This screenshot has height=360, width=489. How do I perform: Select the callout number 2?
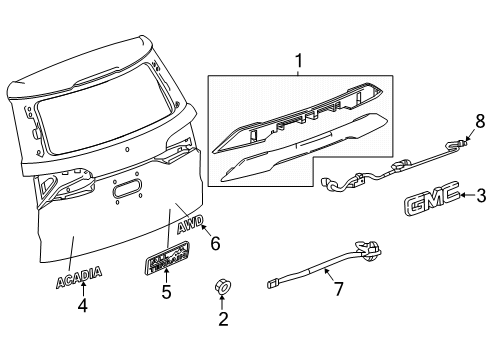pos(224,320)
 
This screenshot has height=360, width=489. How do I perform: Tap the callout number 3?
pos(479,196)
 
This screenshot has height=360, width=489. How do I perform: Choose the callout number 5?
pos(167,293)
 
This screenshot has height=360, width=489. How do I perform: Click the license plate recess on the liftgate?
pos(127,189)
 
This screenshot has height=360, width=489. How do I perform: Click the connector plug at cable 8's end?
pos(460,145)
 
